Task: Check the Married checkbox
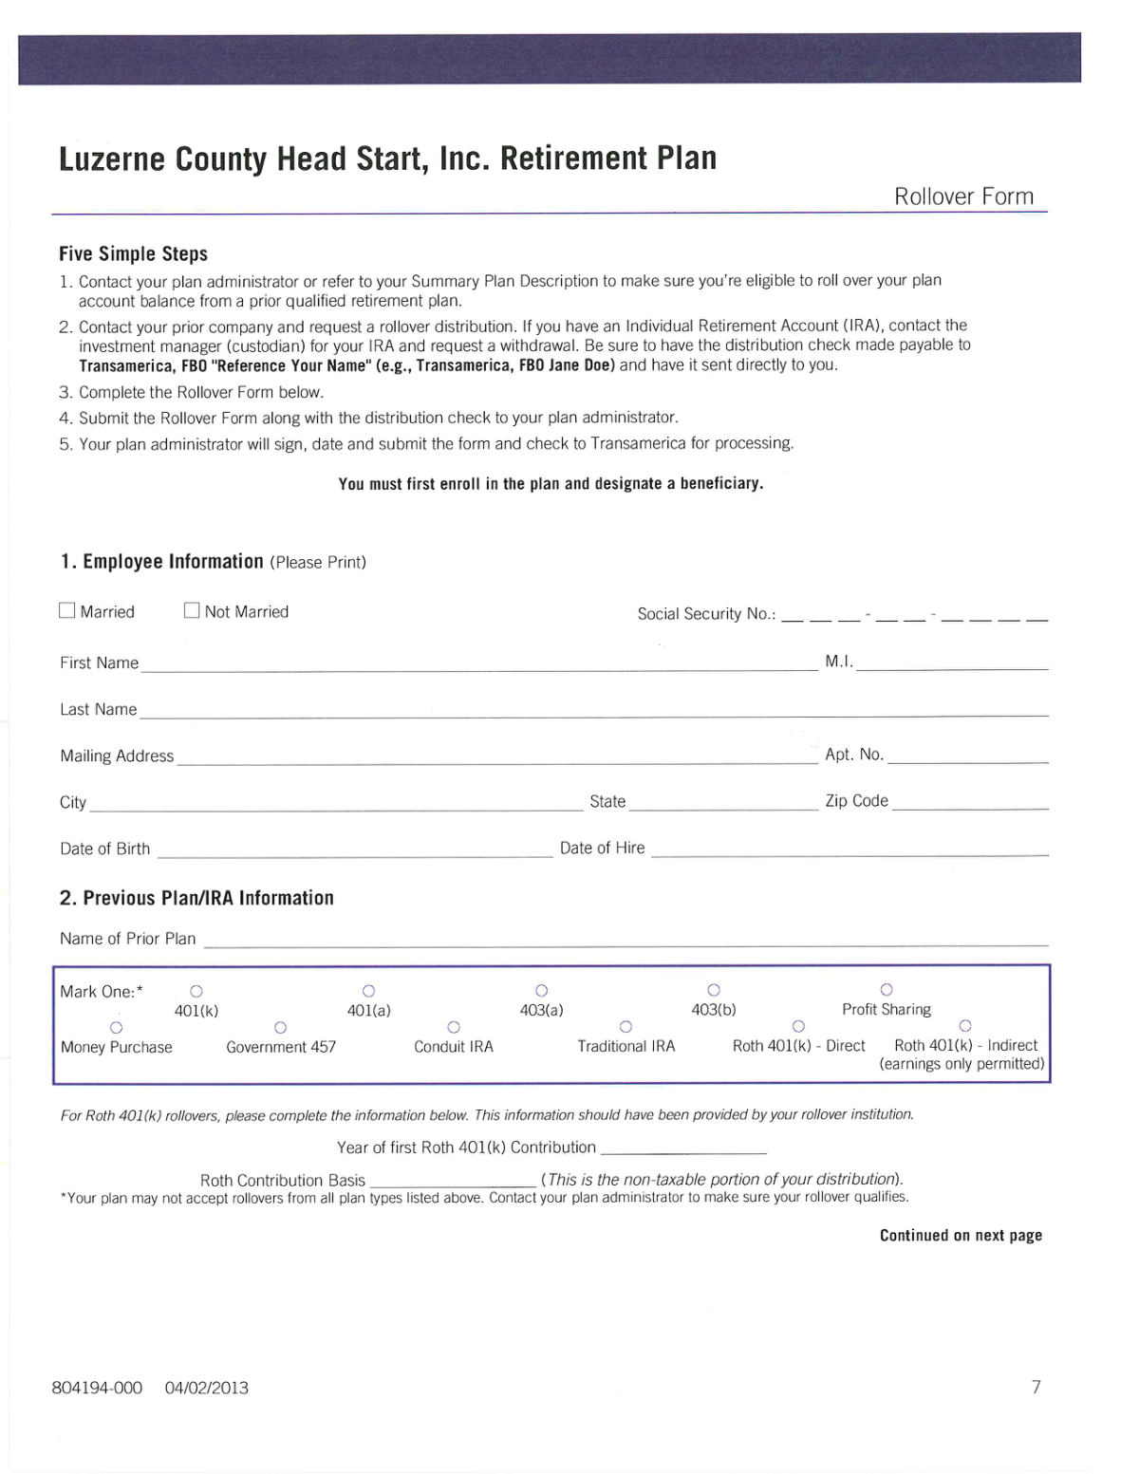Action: click(67, 610)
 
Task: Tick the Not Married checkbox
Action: click(192, 610)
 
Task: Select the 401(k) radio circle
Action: click(196, 991)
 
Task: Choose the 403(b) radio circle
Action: click(714, 990)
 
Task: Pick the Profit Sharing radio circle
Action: click(887, 990)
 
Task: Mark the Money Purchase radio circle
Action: click(116, 1028)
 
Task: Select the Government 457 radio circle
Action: click(280, 1028)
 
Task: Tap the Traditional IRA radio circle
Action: click(626, 1027)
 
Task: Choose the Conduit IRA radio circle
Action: click(454, 1027)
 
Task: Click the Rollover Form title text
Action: click(963, 196)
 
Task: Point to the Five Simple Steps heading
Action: click(133, 253)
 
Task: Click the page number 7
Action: click(1036, 1387)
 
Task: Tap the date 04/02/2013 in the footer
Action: click(207, 1388)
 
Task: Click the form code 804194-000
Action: click(97, 1388)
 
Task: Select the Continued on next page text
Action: click(961, 1235)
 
